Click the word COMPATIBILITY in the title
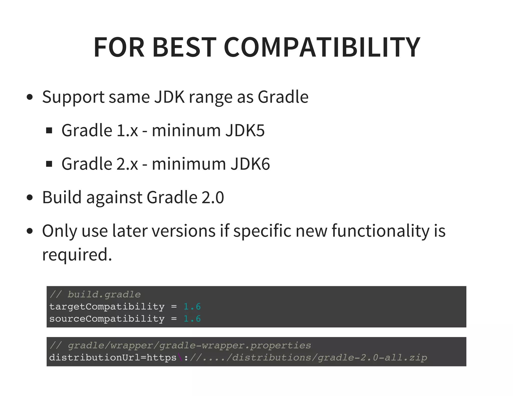coord(322,47)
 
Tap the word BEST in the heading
coord(184,47)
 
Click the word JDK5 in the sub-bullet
coord(245,130)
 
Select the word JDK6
coord(250,164)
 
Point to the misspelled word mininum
coord(186,130)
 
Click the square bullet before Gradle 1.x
coord(49,130)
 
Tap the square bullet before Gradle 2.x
coord(49,164)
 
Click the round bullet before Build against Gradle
coord(30,197)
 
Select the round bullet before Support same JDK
coord(30,97)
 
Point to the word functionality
coord(380,231)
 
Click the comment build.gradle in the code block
coord(104,295)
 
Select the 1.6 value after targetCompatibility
coord(192,307)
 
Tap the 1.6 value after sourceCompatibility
coord(192,319)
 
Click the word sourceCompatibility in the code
coord(107,319)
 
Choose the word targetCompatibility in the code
coord(107,307)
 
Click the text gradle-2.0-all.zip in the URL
coord(372,358)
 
